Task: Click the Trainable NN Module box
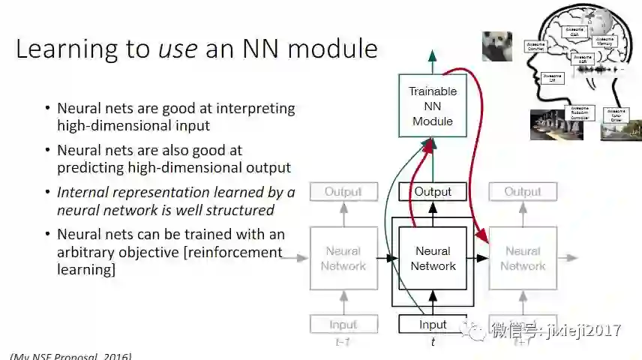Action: (432, 106)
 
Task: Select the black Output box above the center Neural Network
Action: (433, 192)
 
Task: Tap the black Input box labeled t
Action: (433, 325)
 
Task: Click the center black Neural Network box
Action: (433, 259)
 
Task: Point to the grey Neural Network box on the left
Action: (343, 259)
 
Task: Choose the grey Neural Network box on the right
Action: (522, 259)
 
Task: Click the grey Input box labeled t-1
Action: (343, 325)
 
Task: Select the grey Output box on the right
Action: (522, 192)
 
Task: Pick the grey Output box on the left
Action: (343, 192)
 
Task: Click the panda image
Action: (496, 46)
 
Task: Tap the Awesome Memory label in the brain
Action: (605, 42)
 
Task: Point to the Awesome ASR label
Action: (582, 59)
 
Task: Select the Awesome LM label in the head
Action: (552, 77)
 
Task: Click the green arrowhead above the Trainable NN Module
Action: (432, 55)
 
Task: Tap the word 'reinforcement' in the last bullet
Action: (232, 252)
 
